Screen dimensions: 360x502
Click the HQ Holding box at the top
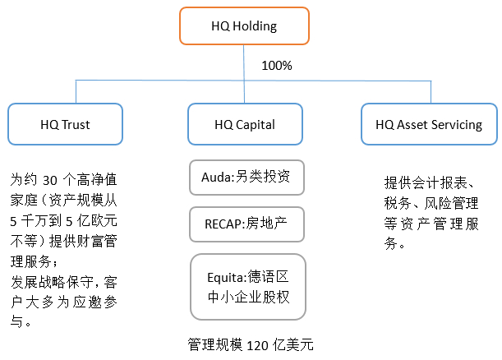[245, 25]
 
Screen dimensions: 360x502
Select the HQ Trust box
[65, 125]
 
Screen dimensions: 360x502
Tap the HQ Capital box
[245, 125]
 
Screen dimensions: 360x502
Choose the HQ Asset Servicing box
[428, 125]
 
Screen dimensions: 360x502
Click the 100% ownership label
[276, 65]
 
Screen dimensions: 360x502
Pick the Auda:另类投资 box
[246, 177]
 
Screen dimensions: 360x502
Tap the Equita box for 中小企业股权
[246, 284]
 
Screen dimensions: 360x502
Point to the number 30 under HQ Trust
[51, 180]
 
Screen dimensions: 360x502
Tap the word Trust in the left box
[76, 125]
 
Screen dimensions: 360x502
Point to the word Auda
[217, 177]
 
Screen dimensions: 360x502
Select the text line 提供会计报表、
[431, 182]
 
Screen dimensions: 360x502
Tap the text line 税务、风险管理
[431, 203]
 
